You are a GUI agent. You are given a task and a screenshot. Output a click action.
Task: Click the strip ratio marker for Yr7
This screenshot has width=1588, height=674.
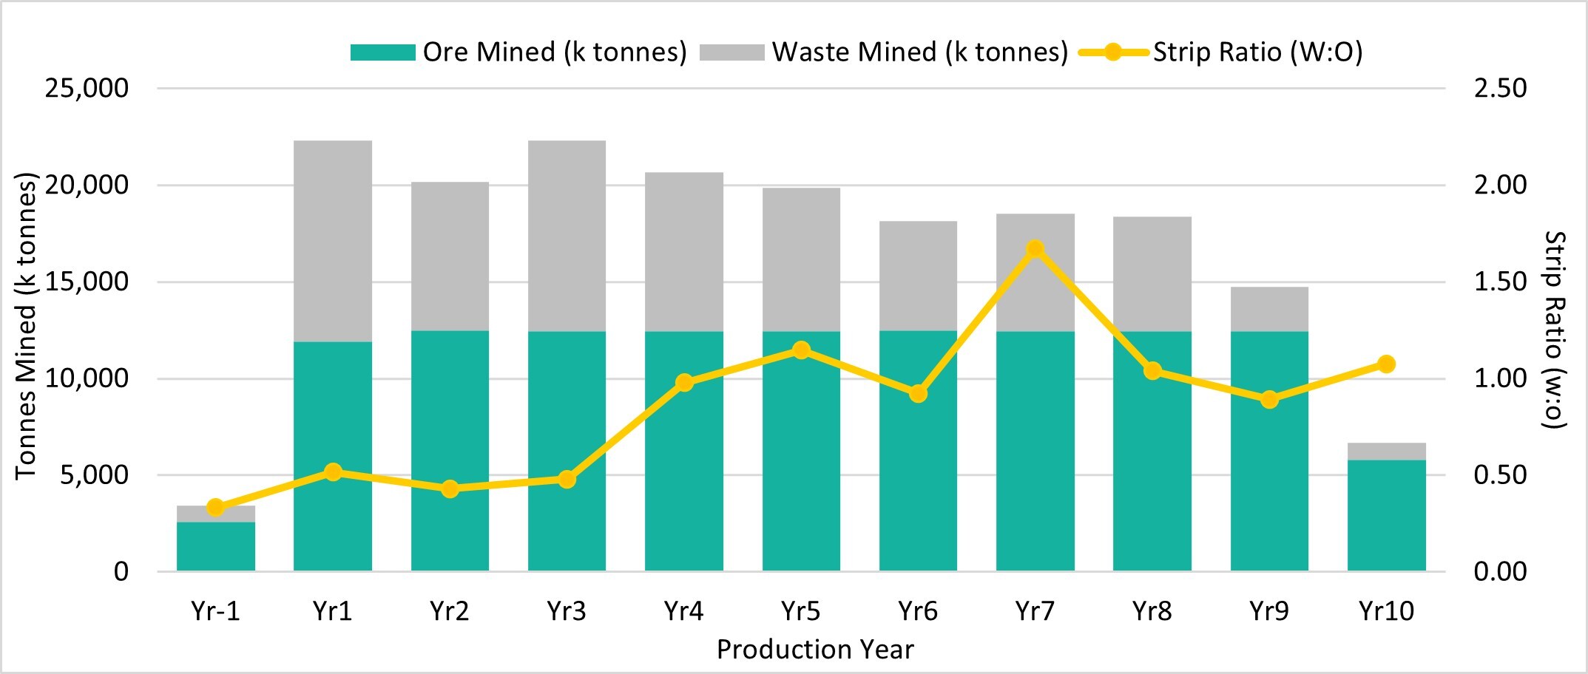coord(1035,249)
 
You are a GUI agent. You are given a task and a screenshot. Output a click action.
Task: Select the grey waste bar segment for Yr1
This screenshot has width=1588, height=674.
coord(333,241)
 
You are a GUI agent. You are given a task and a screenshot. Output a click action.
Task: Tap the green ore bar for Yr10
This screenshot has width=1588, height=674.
coord(1386,515)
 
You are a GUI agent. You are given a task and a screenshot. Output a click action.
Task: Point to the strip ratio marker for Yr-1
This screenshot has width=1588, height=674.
coord(215,507)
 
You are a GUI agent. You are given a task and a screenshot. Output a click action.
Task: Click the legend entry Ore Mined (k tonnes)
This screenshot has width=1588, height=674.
coord(518,52)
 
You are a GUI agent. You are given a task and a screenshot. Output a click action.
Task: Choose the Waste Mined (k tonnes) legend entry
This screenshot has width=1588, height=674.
coord(883,52)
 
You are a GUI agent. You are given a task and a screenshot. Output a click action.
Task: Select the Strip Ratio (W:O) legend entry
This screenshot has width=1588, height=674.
coord(1220,52)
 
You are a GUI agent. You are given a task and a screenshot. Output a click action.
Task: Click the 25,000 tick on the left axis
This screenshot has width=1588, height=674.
coord(87,89)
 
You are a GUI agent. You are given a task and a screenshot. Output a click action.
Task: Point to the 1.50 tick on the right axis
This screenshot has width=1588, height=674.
coord(1500,282)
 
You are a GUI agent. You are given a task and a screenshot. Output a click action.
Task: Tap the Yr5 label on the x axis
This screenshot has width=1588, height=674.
coord(801,611)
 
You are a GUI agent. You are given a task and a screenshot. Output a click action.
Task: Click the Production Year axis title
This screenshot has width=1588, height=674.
coord(815,650)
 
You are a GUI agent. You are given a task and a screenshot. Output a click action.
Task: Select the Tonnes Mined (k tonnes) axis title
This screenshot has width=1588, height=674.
coord(26,325)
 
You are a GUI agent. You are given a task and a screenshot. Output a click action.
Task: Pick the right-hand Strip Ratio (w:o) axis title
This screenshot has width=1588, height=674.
coord(1555,329)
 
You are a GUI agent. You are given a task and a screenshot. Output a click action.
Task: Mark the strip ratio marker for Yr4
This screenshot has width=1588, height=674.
coord(684,383)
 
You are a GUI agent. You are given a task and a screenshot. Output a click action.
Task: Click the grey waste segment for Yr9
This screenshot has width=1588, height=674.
coord(1269,309)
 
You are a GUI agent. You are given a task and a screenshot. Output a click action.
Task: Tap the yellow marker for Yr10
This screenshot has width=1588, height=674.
coord(1386,364)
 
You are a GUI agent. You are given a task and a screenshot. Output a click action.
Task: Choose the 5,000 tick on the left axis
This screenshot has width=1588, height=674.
coord(94,475)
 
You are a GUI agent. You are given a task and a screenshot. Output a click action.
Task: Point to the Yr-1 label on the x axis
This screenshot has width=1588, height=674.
coord(215,611)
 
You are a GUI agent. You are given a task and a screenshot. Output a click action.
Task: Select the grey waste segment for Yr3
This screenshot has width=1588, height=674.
coord(567,236)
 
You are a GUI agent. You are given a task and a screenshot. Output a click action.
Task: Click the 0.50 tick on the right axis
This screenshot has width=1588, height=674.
coord(1500,475)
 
